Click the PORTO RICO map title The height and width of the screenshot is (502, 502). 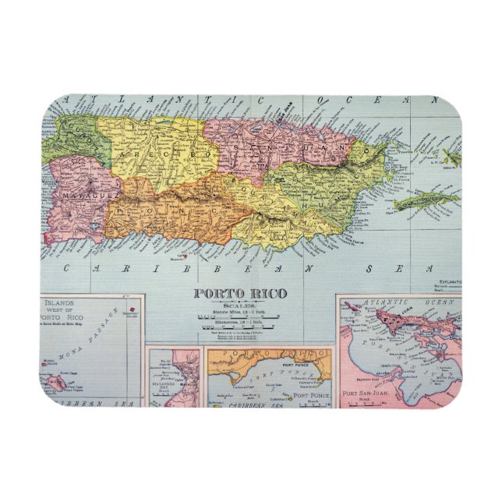[240, 293]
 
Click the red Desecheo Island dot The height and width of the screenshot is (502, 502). [133, 312]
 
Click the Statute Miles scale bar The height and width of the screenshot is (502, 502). [240, 318]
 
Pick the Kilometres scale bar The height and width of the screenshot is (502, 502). [240, 327]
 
